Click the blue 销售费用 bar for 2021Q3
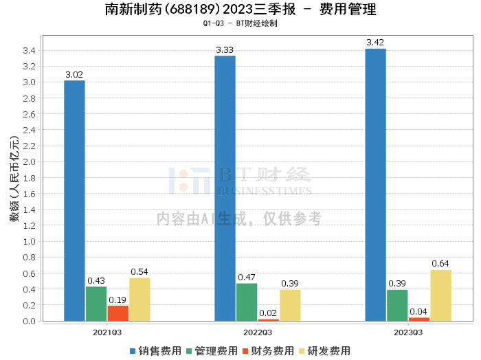coord(74,201)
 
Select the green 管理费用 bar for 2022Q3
coord(247,302)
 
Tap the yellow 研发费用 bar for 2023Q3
coord(440,295)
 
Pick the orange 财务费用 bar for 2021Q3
coord(118,313)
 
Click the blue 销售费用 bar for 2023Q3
coord(375,185)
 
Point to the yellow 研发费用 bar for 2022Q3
coord(290,305)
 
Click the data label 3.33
coord(225,50)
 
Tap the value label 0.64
coord(440,264)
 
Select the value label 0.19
coord(118,300)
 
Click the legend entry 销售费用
coord(155,351)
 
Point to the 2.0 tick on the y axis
coord(30,162)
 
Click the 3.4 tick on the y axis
coord(30,51)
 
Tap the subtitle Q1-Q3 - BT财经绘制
coord(240,23)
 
